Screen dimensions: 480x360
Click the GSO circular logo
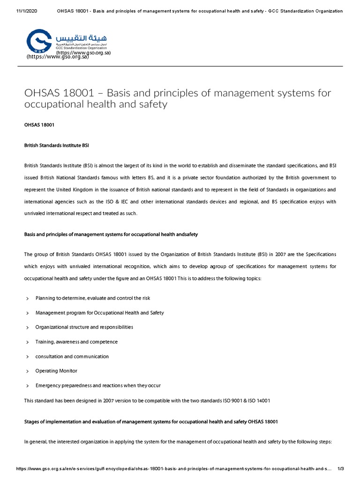39,41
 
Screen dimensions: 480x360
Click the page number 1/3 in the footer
341,469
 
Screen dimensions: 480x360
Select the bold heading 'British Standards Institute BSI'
56,145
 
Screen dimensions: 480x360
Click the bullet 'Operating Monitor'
56,371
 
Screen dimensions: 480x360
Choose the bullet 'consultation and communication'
72,356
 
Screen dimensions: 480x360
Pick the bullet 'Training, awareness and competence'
76,342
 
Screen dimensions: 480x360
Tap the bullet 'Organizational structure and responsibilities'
84,327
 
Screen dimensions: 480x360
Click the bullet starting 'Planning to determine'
93,298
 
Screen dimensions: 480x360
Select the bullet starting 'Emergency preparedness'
98,385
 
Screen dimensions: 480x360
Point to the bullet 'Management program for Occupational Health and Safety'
99,313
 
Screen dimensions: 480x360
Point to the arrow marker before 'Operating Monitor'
28,371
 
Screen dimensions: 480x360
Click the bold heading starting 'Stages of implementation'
150,421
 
